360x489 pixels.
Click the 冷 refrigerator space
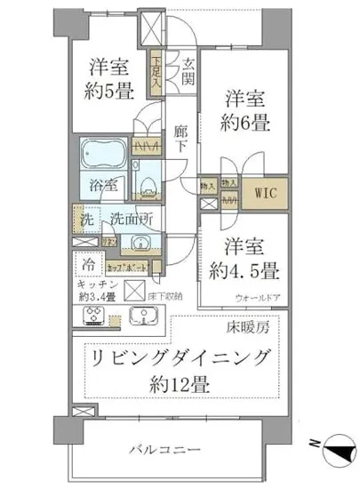(90, 263)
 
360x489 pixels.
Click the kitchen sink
(141, 316)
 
